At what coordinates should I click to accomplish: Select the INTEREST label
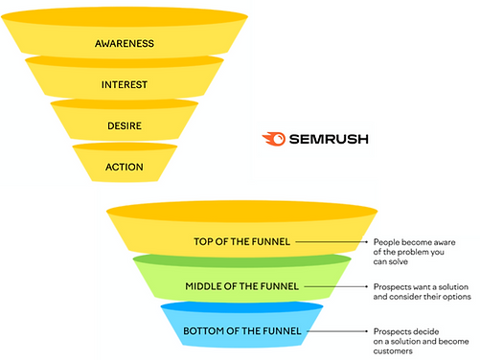(x=124, y=84)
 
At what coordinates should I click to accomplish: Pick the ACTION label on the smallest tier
(x=124, y=168)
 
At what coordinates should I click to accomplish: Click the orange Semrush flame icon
(x=274, y=139)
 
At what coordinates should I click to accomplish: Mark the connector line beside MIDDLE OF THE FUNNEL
(x=335, y=286)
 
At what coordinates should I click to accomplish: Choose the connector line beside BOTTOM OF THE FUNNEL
(x=335, y=331)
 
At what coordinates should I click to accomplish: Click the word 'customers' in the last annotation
(x=395, y=352)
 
